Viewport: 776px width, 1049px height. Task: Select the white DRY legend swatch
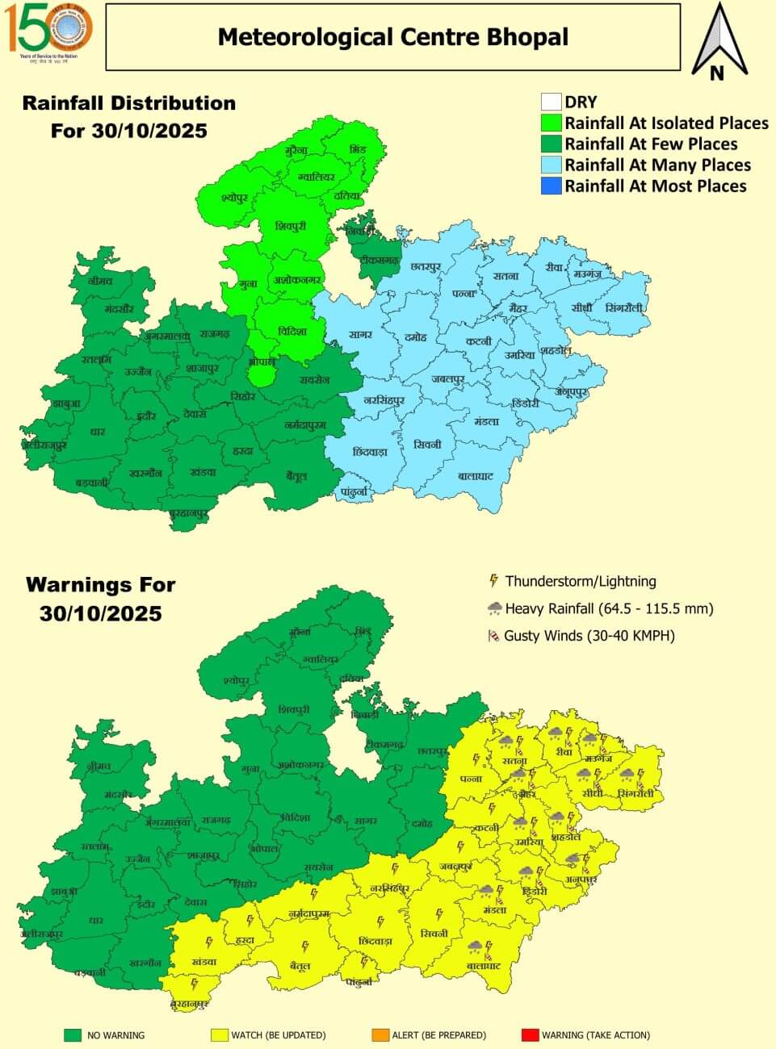click(551, 102)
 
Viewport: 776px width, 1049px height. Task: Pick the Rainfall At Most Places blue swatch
click(551, 186)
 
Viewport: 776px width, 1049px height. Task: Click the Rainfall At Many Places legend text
click(657, 165)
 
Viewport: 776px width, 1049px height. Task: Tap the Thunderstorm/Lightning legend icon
click(493, 581)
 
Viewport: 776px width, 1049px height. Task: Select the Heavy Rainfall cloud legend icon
click(493, 608)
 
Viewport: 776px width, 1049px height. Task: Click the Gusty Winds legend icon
click(493, 636)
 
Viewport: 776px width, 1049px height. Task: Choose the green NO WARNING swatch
click(73, 1034)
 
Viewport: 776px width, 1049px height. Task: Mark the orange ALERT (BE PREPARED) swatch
click(379, 1034)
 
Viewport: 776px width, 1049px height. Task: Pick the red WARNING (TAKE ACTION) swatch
click(529, 1034)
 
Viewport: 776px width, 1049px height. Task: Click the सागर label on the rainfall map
click(360, 334)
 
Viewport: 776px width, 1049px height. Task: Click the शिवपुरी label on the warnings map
click(293, 709)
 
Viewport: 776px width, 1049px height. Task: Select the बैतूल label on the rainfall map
click(296, 477)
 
